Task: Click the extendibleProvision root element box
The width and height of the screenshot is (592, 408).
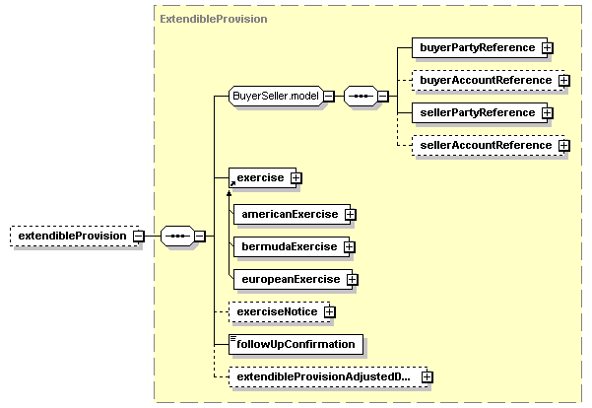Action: point(70,237)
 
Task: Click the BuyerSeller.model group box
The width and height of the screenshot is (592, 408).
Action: point(274,96)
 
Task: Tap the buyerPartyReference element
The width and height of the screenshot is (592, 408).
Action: point(477,47)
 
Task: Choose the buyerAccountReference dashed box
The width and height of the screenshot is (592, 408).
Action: point(485,80)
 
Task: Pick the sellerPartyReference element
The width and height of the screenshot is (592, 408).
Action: point(477,112)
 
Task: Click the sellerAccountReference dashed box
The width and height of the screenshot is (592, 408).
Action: point(485,145)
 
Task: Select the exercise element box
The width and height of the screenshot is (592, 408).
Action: point(257,178)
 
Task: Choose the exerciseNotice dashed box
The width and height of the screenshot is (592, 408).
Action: point(275,312)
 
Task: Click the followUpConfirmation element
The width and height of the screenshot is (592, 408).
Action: point(296,344)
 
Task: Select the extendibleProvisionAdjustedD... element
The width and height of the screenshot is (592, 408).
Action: point(323,375)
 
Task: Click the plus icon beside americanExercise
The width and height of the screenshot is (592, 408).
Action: point(350,214)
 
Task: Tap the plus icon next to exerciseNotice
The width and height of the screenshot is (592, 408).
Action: point(329,312)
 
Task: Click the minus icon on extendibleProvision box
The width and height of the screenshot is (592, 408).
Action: point(139,237)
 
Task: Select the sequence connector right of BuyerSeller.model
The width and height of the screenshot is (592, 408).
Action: point(361,96)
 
